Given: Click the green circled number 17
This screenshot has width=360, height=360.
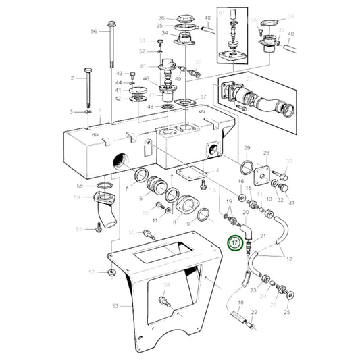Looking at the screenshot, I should pos(234,242).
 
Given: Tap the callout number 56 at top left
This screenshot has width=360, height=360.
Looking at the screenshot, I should pos(94,32).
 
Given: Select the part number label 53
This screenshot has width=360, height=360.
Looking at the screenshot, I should pos(115,306).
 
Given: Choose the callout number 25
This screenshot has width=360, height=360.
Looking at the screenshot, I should pos(287,313).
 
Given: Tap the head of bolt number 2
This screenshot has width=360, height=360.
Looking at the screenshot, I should pos(88,70).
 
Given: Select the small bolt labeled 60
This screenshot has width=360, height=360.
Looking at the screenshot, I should pos(98,230).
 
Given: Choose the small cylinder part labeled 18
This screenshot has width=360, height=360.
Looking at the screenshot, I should pos(237,315).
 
